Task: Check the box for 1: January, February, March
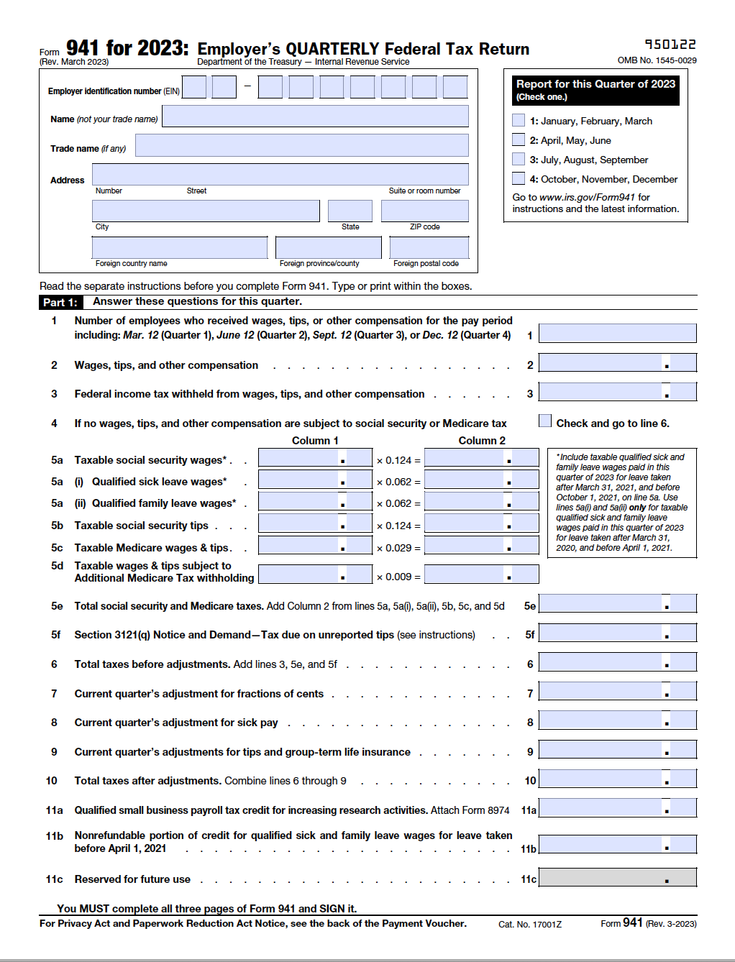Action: pyautogui.click(x=519, y=120)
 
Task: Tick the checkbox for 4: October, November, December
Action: pyautogui.click(x=519, y=178)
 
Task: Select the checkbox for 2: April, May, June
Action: pyautogui.click(x=519, y=139)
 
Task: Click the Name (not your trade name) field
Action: pyautogui.click(x=315, y=116)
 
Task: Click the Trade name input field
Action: pyautogui.click(x=301, y=145)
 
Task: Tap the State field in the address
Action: pyautogui.click(x=350, y=211)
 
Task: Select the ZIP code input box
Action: pyautogui.click(x=424, y=211)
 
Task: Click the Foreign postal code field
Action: pyautogui.click(x=429, y=247)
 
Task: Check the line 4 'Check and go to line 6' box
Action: pyautogui.click(x=545, y=421)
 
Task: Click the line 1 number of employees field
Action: pyautogui.click(x=617, y=333)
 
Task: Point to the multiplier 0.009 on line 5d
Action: pyautogui.click(x=398, y=577)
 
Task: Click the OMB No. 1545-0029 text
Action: pyautogui.click(x=657, y=60)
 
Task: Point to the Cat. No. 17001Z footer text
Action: pyautogui.click(x=529, y=924)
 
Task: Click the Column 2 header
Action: pyautogui.click(x=482, y=441)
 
